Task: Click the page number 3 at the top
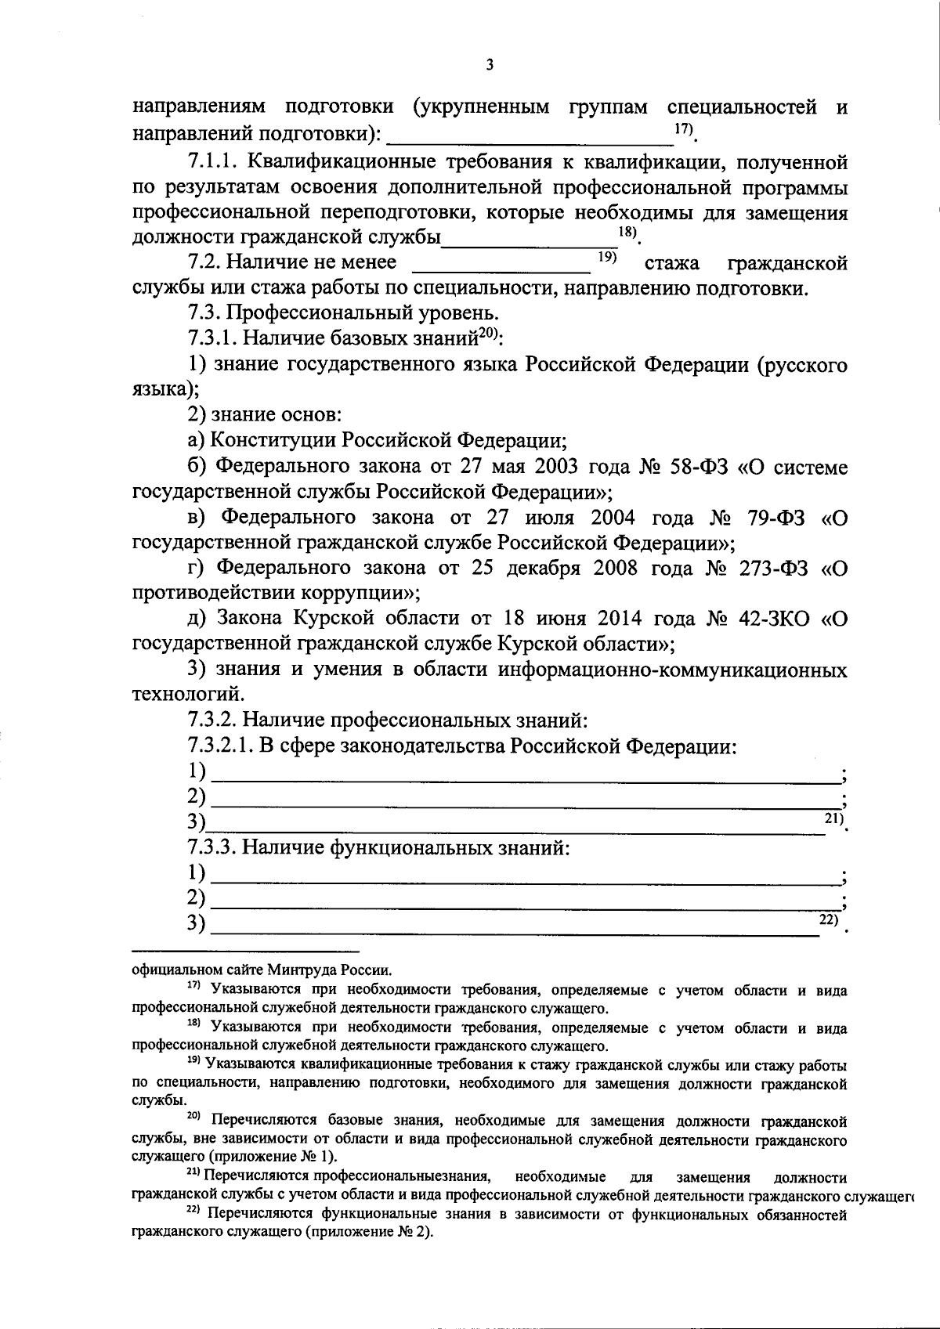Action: tap(490, 65)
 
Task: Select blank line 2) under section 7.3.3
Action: tap(525, 900)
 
